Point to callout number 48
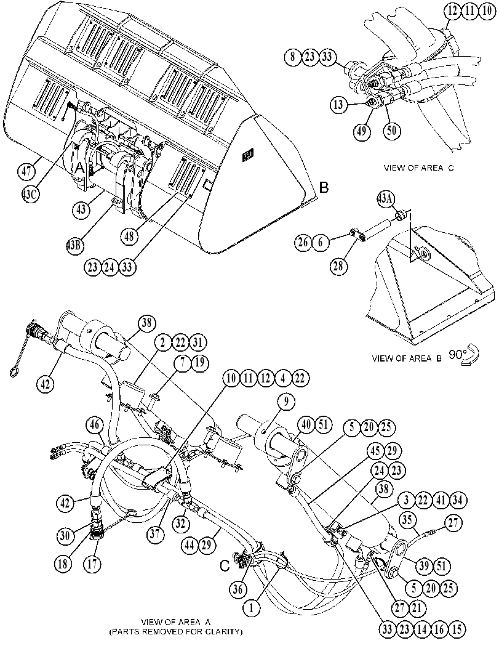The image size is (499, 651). pos(129,237)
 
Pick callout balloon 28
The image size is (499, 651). pos(338,265)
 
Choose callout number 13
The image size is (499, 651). pos(338,104)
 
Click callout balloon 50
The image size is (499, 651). pos(392,130)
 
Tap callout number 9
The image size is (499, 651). pos(287,402)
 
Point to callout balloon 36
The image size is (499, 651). pos(239,588)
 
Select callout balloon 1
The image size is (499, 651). pos(252,609)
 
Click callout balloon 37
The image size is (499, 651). pos(154,535)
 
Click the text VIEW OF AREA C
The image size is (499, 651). pos(418,168)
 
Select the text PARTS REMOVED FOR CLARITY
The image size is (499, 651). pos(175,632)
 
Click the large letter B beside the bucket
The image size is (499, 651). pos(324,188)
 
